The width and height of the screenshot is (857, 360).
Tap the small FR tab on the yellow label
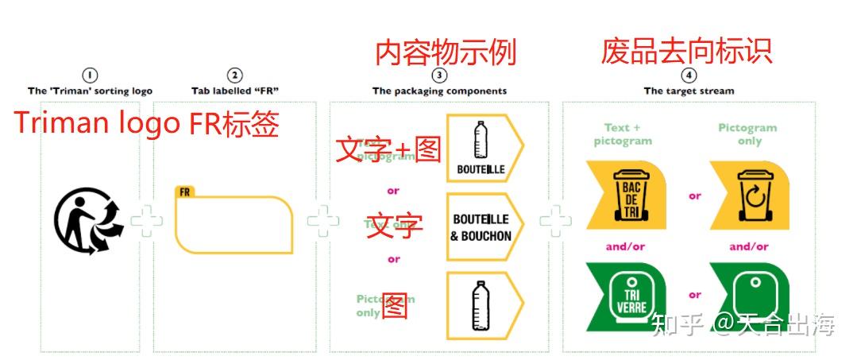pos(184,192)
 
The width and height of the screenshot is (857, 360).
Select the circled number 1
pos(90,75)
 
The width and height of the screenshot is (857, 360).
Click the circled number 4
pos(689,75)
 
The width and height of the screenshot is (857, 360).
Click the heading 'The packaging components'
pos(439,91)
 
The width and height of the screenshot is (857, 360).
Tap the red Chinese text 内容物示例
pos(446,52)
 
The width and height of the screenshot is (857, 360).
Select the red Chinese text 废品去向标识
pos(686,51)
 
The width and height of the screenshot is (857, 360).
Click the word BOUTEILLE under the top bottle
pos(481,169)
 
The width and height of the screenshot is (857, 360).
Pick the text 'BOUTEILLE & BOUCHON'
pos(481,227)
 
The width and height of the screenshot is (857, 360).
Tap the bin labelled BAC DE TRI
pos(631,195)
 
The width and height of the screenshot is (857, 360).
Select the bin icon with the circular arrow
pos(753,195)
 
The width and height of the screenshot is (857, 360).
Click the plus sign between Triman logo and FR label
pos(146,221)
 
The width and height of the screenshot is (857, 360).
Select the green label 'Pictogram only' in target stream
pos(747,134)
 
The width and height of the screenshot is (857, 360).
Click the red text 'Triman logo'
pos(90,124)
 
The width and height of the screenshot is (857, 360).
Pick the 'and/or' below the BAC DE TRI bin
pos(625,246)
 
